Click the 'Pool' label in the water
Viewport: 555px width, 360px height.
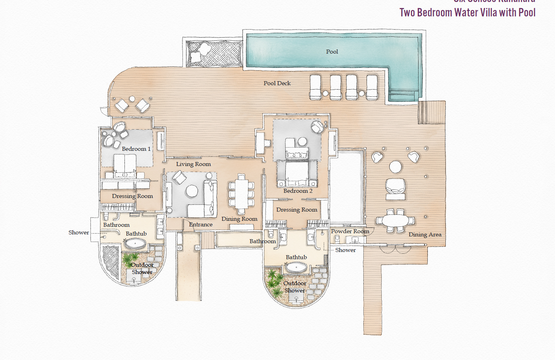332,52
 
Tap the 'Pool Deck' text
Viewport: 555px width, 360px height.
277,83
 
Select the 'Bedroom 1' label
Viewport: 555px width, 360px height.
136,149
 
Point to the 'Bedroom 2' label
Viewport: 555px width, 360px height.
298,191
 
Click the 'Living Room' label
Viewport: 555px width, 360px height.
193,164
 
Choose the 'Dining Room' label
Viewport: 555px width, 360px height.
239,219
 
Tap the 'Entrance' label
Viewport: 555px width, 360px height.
200,224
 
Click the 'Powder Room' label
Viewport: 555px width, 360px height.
350,231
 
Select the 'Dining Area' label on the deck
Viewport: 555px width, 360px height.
425,234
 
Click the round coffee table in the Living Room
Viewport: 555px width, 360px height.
192,191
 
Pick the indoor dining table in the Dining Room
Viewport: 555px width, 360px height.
241,194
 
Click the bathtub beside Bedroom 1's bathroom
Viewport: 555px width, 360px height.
135,243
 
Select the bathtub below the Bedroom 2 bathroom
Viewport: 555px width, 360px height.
296,267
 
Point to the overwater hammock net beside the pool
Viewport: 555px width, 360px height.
214,54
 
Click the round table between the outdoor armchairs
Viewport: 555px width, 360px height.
395,166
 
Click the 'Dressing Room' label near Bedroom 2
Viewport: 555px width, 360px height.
297,210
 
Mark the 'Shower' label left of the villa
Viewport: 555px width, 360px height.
78,232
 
